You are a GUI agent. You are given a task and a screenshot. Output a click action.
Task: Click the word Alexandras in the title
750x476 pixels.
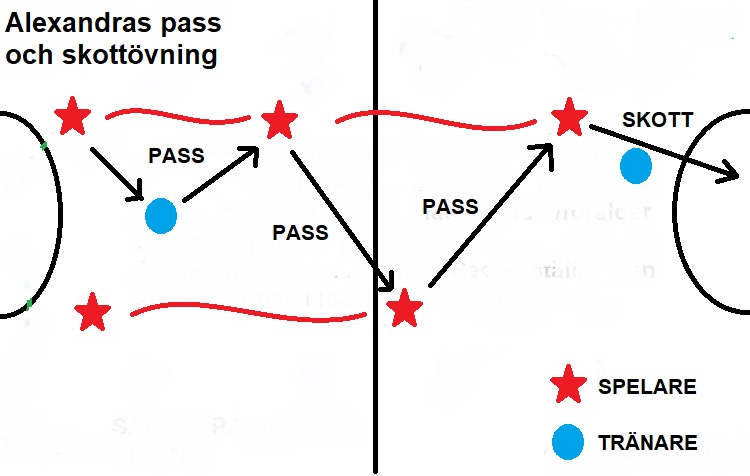[x=76, y=21]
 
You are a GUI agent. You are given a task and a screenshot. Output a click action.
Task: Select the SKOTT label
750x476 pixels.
[x=657, y=119]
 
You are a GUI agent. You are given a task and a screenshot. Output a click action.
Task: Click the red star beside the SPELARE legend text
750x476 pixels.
[x=569, y=386]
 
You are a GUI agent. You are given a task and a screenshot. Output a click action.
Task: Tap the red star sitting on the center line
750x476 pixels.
[x=404, y=307]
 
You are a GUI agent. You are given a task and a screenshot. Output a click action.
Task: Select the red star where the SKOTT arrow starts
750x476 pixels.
[x=570, y=118]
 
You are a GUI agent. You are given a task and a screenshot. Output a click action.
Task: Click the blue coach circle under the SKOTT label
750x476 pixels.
[x=635, y=165]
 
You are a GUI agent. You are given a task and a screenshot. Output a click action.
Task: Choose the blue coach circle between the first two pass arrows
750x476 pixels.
[x=160, y=214]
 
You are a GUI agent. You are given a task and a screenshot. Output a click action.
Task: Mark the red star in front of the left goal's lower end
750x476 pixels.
[x=92, y=313]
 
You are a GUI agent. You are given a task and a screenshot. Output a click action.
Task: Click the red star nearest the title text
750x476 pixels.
[x=71, y=117]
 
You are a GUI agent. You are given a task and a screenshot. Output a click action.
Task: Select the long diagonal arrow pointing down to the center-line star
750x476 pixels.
[x=340, y=216]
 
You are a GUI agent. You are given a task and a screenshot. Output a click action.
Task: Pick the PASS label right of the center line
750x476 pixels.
[x=450, y=207]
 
